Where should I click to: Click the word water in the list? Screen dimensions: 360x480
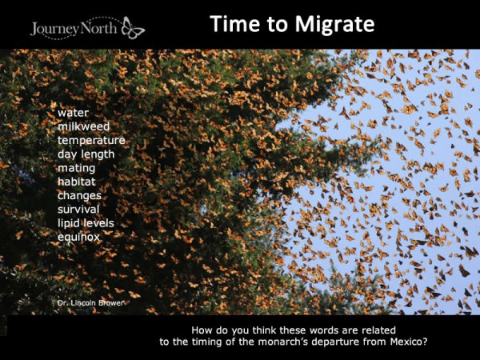coord(72,113)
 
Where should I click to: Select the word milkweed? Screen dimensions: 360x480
coord(84,126)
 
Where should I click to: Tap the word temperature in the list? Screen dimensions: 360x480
coord(91,140)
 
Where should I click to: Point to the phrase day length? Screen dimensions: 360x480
coord(86,154)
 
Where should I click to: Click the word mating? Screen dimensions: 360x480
coord(77,168)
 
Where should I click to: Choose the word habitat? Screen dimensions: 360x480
coord(77,182)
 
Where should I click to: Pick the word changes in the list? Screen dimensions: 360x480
coord(79,195)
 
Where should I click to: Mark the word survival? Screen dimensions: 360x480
coord(78,209)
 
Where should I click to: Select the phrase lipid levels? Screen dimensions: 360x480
coord(86,222)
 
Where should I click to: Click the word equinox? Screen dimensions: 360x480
coord(78,237)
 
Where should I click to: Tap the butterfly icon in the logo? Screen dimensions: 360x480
coord(133,30)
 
